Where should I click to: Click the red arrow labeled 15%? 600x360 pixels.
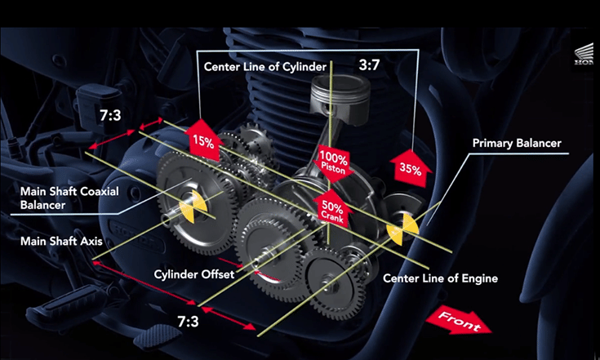pos(203,139)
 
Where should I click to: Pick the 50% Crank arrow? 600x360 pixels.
pos(331,209)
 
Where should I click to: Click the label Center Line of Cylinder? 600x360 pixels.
pos(265,66)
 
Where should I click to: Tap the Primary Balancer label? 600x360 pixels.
pos(518,143)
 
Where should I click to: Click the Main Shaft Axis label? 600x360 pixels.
pos(60,242)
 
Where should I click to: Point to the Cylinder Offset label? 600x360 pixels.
pos(194,274)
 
